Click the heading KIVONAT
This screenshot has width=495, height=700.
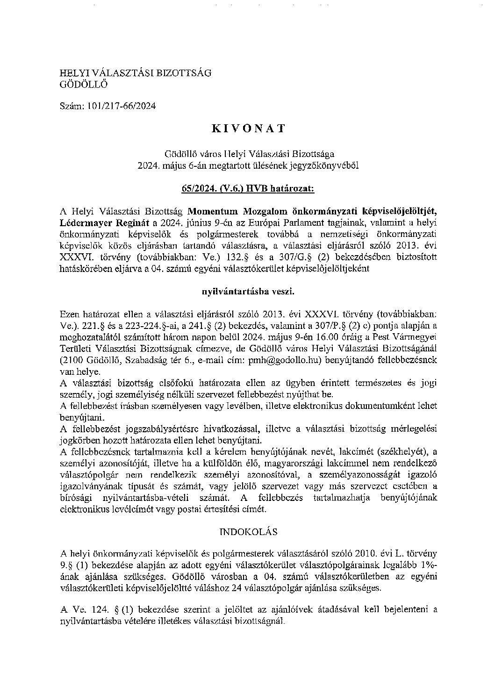[248, 129]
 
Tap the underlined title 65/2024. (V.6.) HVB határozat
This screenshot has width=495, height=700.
[248, 188]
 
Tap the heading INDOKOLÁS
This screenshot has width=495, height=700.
[248, 531]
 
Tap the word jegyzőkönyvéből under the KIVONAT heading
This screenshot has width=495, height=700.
[330, 165]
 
